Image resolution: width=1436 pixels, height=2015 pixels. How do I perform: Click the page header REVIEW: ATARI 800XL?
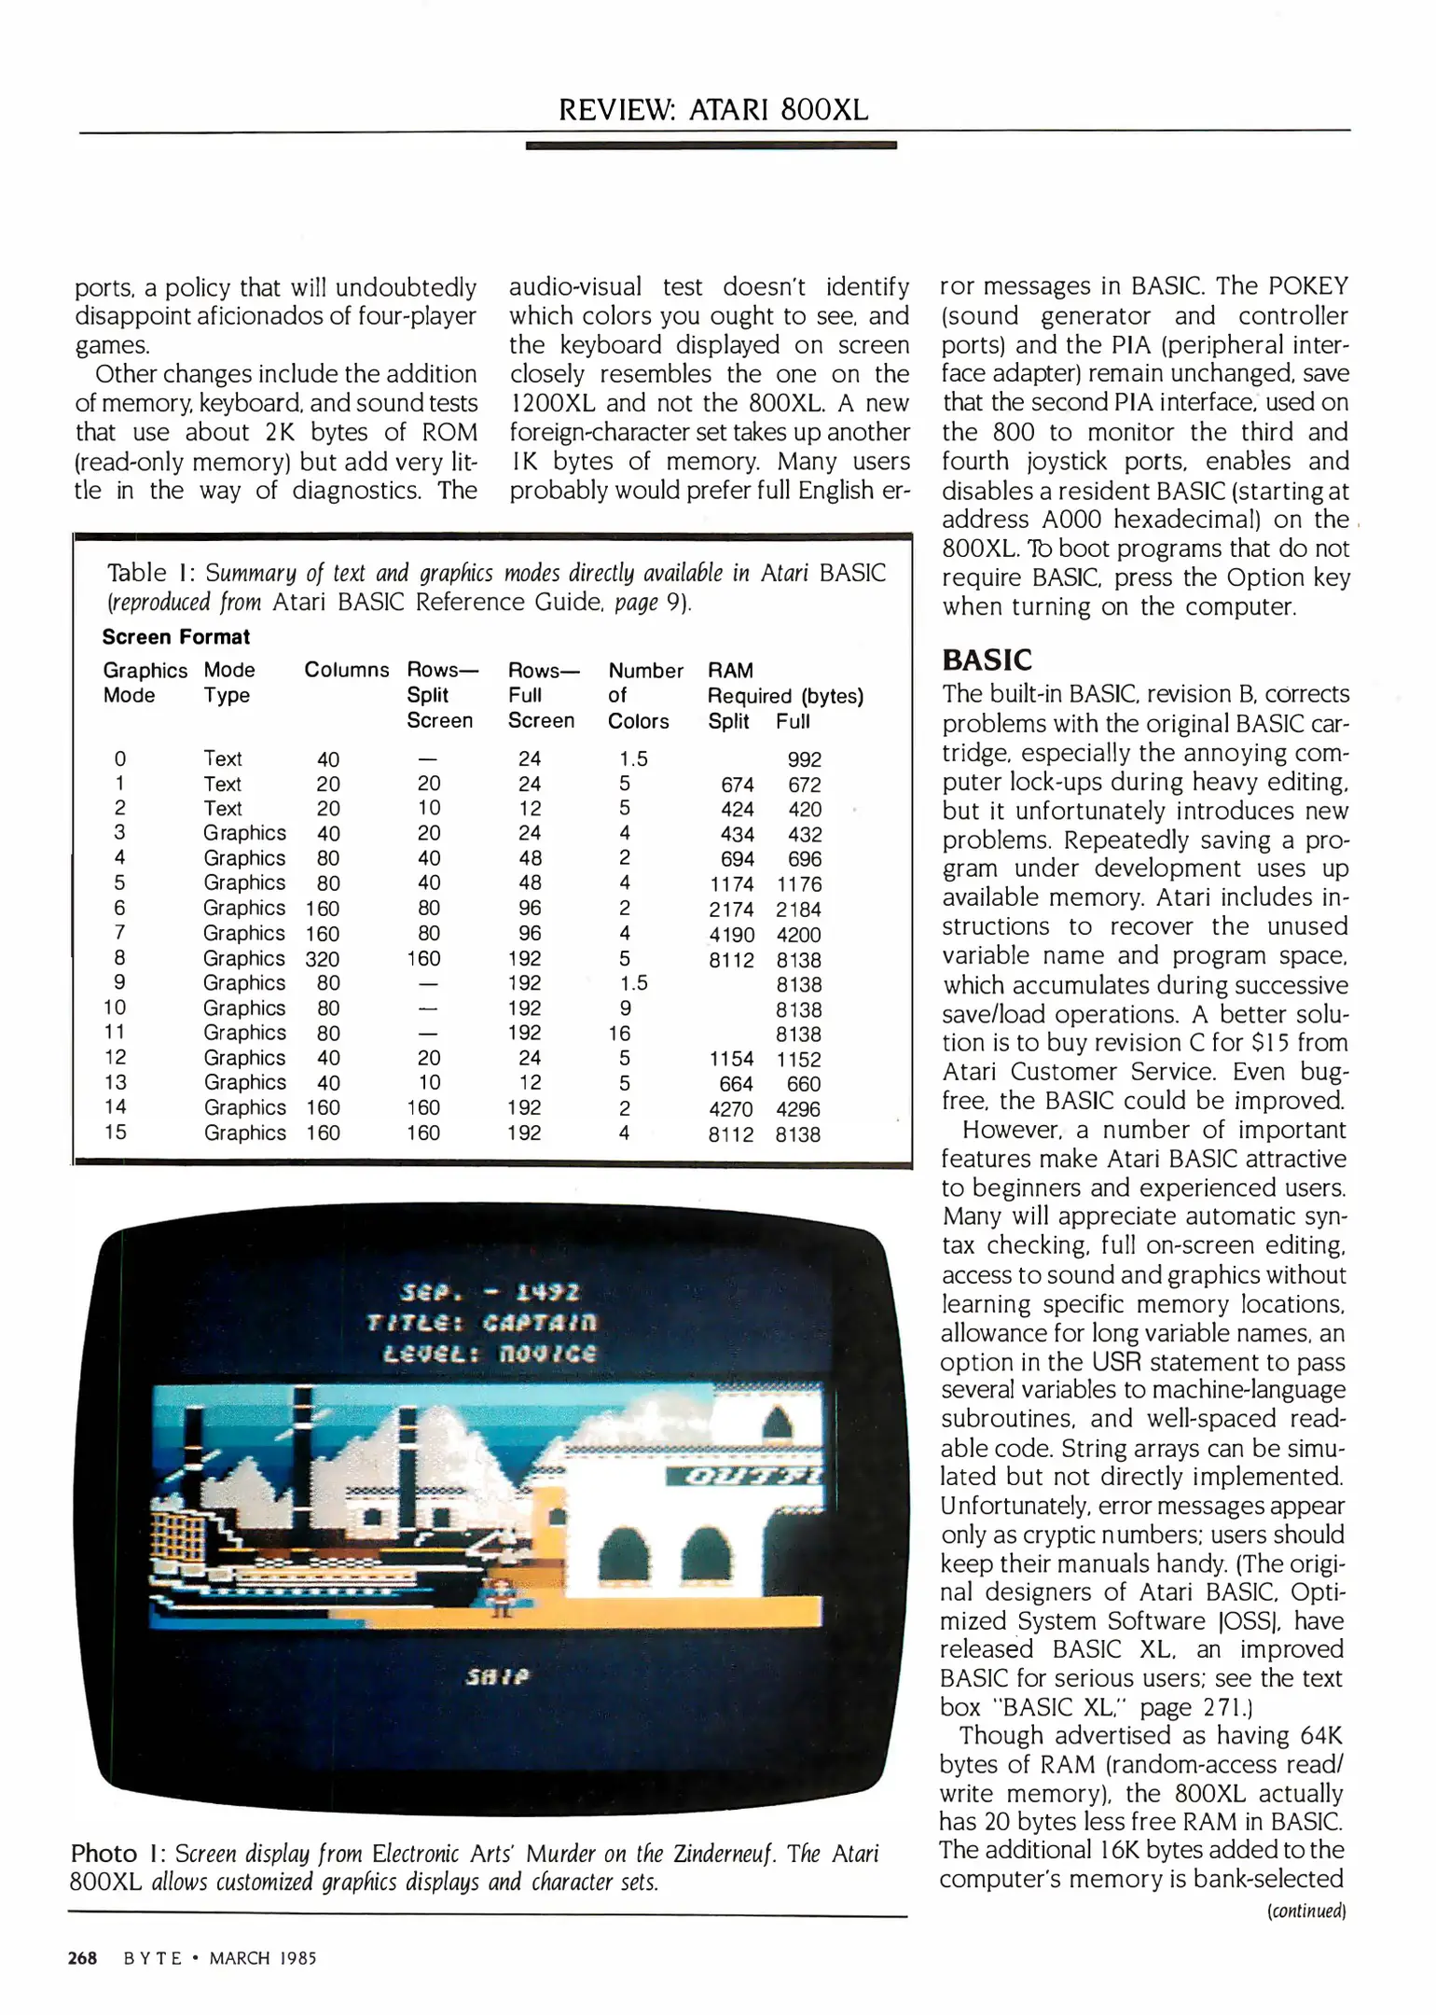[713, 110]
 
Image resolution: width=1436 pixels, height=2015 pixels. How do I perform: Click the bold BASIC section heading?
[987, 660]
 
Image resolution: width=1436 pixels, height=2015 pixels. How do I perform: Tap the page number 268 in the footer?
[82, 1958]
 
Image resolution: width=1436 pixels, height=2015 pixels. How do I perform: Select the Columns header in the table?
[346, 670]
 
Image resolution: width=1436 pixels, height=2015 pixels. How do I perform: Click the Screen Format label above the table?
[176, 637]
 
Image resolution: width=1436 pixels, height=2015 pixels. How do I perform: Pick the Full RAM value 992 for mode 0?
[804, 759]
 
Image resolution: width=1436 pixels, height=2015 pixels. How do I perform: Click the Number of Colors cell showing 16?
[619, 1034]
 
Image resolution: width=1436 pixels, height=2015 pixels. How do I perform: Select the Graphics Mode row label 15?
[116, 1132]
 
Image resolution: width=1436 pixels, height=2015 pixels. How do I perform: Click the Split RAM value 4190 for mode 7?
[730, 935]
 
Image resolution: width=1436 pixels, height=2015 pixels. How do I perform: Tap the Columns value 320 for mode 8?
[322, 959]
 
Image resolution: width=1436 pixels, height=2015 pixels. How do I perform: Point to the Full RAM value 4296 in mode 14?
[798, 1109]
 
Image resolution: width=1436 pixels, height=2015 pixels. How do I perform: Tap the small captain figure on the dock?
[501, 1596]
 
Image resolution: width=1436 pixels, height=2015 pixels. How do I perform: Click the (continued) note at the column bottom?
[1305, 1911]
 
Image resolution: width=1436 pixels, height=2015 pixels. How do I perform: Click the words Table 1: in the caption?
[148, 573]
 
